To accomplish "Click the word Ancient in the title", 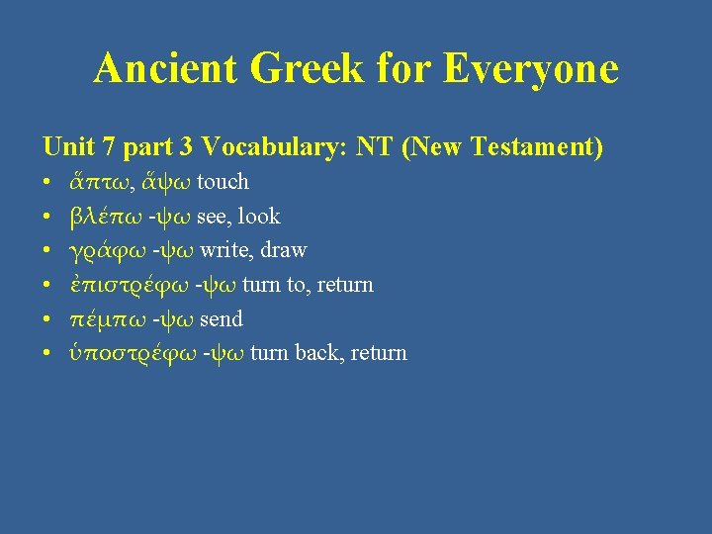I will (x=165, y=68).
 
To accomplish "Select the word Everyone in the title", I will (x=531, y=68).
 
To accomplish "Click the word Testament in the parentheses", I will (x=535, y=147).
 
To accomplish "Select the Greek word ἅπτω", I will (x=96, y=182).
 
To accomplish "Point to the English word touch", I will (x=223, y=182).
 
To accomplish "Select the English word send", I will (x=222, y=319).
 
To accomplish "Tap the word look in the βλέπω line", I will (x=260, y=217).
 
